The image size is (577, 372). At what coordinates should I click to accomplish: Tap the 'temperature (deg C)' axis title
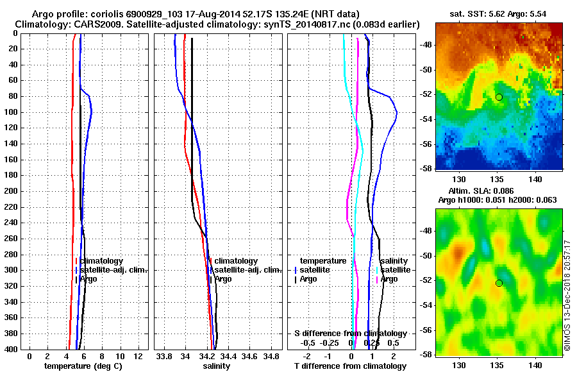pyautogui.click(x=83, y=366)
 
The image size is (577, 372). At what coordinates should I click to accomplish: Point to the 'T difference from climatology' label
pyautogui.click(x=350, y=366)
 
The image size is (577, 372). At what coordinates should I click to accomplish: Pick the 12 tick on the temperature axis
pyautogui.click(x=137, y=356)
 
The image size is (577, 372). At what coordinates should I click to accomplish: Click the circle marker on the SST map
pyautogui.click(x=499, y=97)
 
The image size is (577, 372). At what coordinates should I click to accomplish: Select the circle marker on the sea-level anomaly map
pyautogui.click(x=499, y=283)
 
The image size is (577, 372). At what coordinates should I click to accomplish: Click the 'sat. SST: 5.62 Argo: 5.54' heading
pyautogui.click(x=498, y=13)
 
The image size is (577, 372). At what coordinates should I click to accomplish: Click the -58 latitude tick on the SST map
pyautogui.click(x=426, y=167)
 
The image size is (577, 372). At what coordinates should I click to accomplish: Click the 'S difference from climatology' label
pyautogui.click(x=350, y=334)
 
